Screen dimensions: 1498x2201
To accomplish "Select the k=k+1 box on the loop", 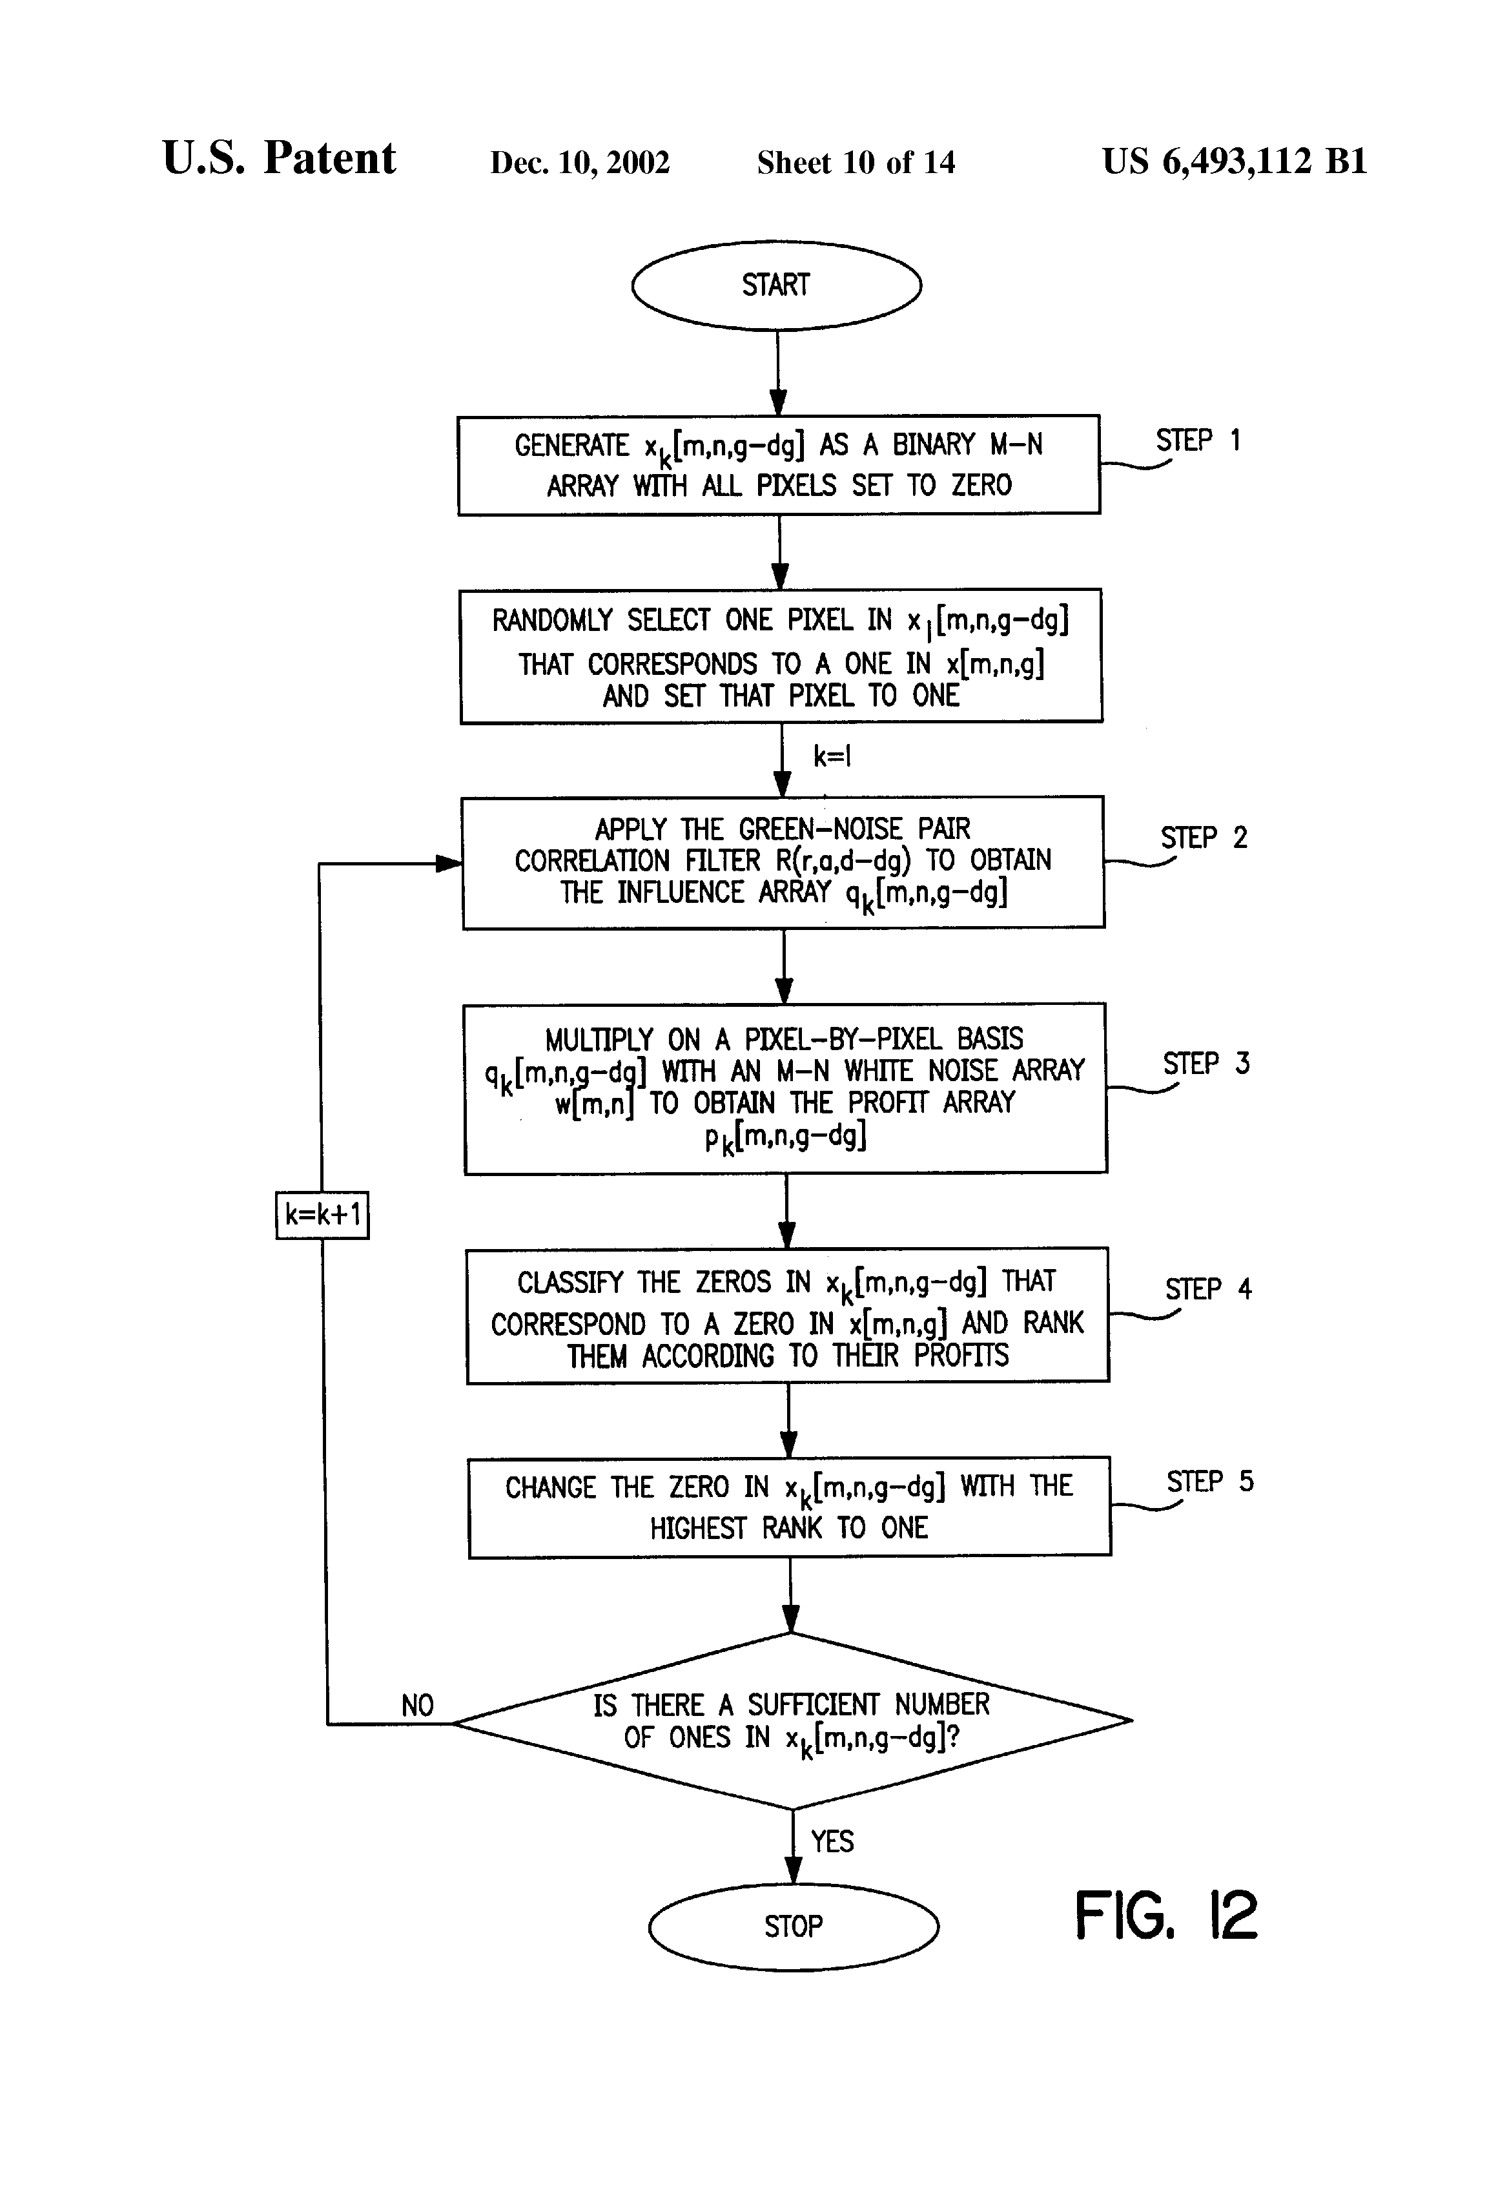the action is (x=323, y=1214).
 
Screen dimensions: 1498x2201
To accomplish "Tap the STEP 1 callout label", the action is (x=1198, y=441).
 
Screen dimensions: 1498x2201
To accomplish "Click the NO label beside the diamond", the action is (x=418, y=1706).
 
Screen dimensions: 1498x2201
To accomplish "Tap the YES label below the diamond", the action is (x=832, y=1841).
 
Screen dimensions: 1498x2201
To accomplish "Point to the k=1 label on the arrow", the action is (x=832, y=756).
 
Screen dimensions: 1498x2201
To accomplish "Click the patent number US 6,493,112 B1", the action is (x=1235, y=161).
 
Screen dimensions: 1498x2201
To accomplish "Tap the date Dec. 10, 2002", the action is (x=579, y=163).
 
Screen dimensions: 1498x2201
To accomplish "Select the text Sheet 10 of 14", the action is (x=856, y=163).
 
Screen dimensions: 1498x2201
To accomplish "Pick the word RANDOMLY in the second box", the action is (x=552, y=621).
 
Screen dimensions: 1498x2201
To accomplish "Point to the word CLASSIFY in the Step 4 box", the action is (x=570, y=1283).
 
